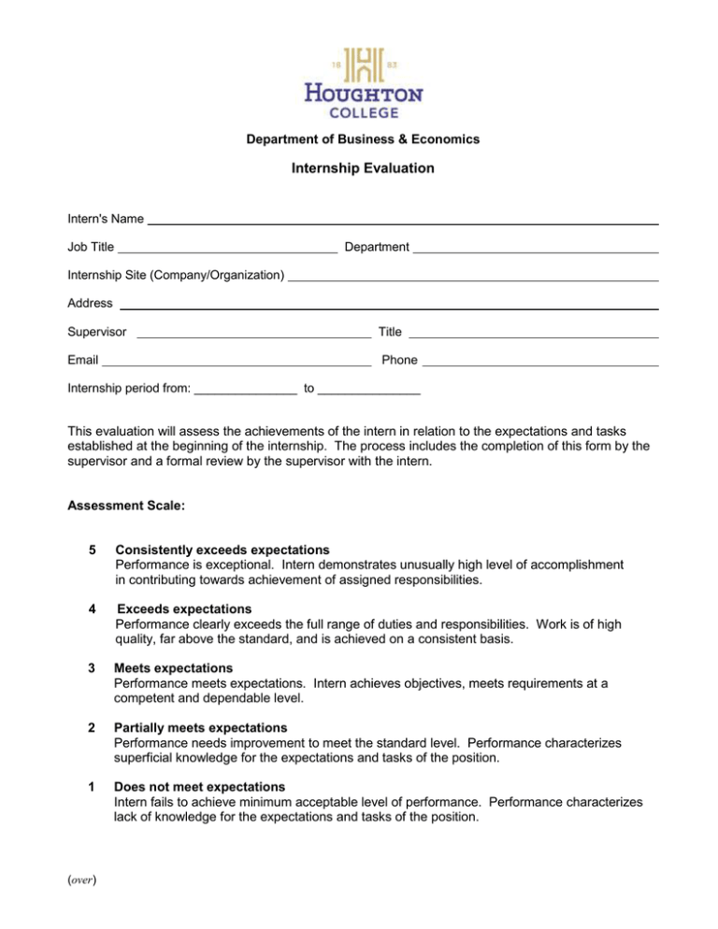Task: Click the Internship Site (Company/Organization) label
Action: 176,276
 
